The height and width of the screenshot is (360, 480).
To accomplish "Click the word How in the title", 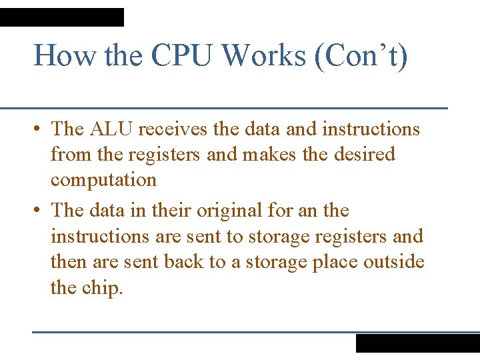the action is (x=66, y=55).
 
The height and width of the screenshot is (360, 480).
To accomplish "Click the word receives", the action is (x=174, y=129).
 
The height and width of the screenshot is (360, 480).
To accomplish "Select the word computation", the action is (x=103, y=181).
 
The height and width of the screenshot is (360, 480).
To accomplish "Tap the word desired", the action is (x=363, y=155).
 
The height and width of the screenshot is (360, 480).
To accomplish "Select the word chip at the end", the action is (x=103, y=288).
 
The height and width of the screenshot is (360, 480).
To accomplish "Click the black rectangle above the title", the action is (x=61, y=17).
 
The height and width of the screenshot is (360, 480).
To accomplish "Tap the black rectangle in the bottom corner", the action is (x=417, y=343).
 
